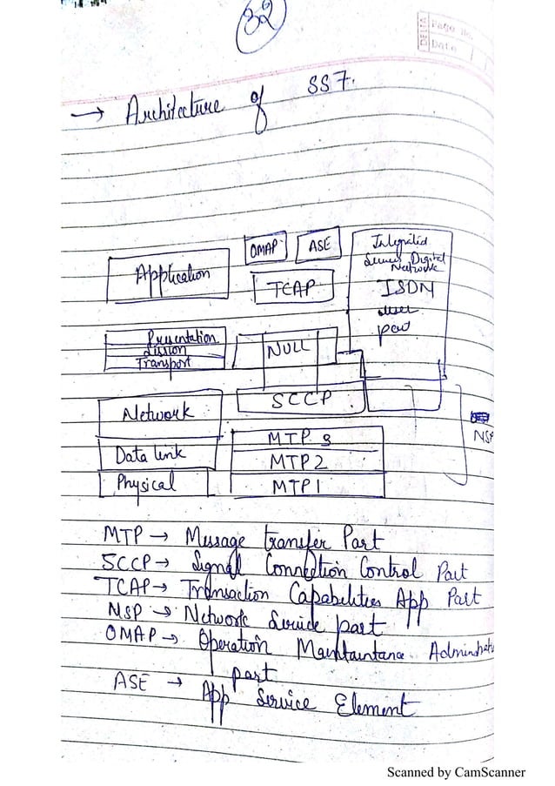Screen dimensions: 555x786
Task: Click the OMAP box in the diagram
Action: point(264,248)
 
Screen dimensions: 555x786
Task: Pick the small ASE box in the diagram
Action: point(319,246)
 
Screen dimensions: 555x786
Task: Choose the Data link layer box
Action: point(153,453)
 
